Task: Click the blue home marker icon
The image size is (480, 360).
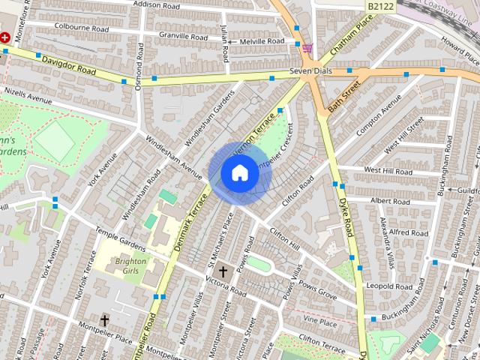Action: click(x=239, y=173)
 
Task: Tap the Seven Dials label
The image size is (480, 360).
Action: click(x=310, y=72)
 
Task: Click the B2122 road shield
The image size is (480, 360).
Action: click(x=382, y=6)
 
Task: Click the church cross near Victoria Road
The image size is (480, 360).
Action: click(x=223, y=271)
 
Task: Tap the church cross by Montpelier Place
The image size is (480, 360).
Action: click(x=105, y=321)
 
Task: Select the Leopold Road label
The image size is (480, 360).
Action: click(x=389, y=286)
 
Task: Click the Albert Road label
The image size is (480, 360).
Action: click(x=389, y=201)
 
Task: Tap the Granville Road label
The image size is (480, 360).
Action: click(x=184, y=34)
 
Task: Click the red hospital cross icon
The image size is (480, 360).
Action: click(x=4, y=36)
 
